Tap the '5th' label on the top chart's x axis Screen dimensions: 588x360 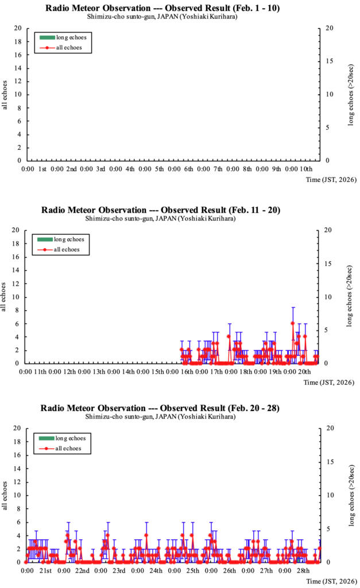pos(159,169)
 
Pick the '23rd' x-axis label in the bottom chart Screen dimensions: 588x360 pos(119,571)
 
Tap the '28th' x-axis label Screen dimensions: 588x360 pos(303,571)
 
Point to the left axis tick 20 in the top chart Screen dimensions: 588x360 pos(18,29)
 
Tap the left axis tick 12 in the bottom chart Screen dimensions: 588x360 pos(18,482)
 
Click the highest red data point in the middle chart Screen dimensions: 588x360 pos(293,323)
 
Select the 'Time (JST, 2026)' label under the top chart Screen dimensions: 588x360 pos(331,180)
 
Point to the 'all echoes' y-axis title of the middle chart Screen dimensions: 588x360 pos(5,297)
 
